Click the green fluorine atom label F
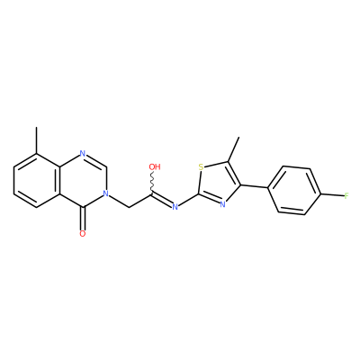(346, 196)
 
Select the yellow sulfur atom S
(201, 166)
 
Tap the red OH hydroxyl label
(155, 166)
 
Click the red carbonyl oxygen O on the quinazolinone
(83, 234)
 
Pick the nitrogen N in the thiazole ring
(222, 204)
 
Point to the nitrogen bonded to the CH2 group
(105, 193)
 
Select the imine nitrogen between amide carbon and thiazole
(175, 207)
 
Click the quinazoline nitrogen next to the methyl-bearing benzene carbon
(83, 154)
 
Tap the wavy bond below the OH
(153, 183)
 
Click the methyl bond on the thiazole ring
(233, 149)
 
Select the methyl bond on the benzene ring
(37, 140)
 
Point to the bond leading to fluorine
(332, 196)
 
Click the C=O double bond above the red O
(83, 219)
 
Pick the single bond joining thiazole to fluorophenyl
(254, 187)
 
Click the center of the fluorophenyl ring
(294, 191)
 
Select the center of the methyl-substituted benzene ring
(37, 180)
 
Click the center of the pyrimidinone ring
(83, 180)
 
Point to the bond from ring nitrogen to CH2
(119, 201)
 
